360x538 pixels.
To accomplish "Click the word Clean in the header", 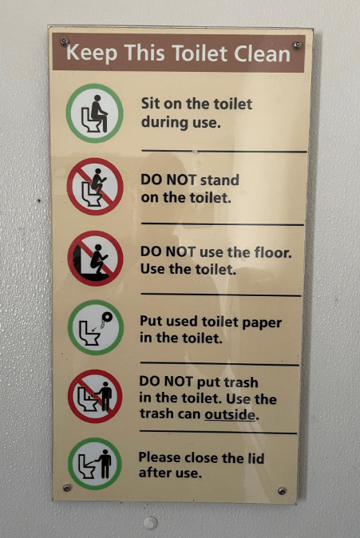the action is click(262, 53).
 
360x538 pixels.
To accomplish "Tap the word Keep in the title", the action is click(92, 53).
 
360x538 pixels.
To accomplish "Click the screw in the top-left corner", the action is click(64, 42).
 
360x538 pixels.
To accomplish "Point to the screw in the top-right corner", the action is click(297, 45).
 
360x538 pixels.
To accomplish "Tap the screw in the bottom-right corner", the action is click(282, 491).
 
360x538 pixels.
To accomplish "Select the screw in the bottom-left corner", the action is click(67, 488).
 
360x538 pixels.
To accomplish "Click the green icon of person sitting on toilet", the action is click(95, 113).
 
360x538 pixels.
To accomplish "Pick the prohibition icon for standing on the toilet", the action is click(95, 186).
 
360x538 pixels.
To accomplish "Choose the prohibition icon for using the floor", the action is click(96, 259).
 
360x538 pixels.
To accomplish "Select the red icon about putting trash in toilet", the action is click(95, 396).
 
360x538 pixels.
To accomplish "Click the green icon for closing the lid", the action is click(95, 464).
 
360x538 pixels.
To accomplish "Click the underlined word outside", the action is click(230, 414).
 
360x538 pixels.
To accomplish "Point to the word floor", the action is click(273, 252).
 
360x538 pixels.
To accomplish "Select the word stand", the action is click(220, 180).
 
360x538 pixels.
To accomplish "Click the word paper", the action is click(262, 322).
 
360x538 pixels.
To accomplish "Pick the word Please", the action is click(160, 457).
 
